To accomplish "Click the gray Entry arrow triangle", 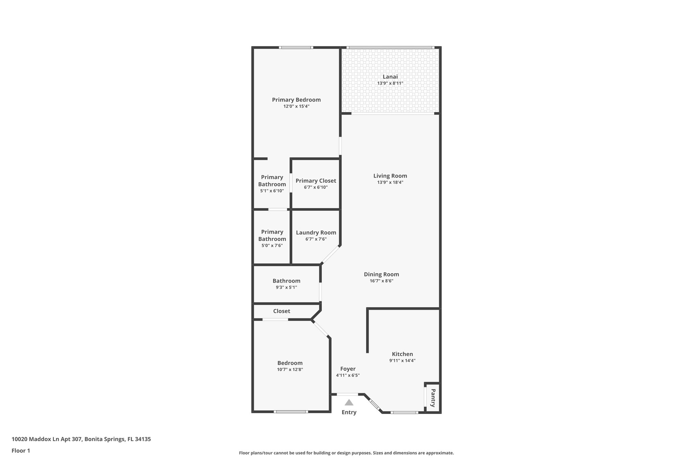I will point(349,402).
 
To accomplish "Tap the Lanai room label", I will point(390,77).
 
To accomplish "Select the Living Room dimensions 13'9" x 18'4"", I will point(390,182).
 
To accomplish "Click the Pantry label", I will point(433,398).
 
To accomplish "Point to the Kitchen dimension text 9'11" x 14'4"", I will point(402,360).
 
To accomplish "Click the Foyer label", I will point(348,369).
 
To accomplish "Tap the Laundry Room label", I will point(316,233).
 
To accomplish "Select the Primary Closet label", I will point(316,181).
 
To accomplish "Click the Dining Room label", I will point(381,274).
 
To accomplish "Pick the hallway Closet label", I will point(282,311).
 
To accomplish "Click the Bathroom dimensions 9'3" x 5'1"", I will point(286,287).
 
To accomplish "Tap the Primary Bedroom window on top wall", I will point(296,48).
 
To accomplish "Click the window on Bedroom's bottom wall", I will point(291,412).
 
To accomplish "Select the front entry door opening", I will point(348,394).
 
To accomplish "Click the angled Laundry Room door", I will point(330,255).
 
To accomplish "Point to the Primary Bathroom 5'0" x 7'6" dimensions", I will point(272,245).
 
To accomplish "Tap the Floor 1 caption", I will point(21,450).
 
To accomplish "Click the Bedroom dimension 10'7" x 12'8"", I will point(290,370).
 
